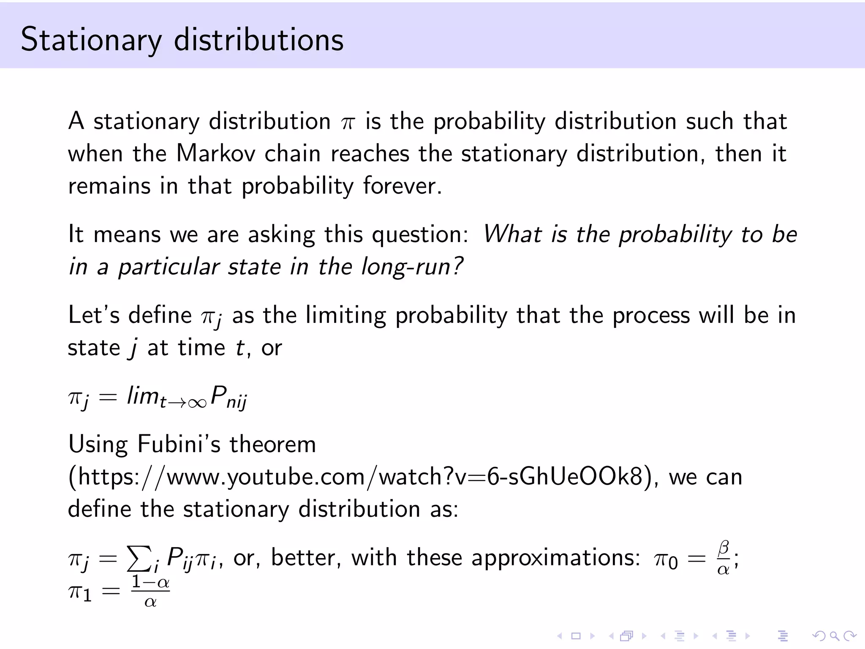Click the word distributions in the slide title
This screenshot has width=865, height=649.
(259, 39)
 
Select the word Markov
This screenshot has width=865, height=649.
(216, 153)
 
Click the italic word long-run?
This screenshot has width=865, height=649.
(412, 267)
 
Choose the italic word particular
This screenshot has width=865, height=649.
(169, 267)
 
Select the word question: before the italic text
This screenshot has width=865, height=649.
(420, 235)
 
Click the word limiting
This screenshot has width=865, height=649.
(345, 315)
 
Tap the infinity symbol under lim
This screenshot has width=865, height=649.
(197, 403)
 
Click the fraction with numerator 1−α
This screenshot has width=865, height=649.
(150, 591)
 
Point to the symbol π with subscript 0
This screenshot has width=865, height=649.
(666, 560)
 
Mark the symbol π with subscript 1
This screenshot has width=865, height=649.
(80, 592)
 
